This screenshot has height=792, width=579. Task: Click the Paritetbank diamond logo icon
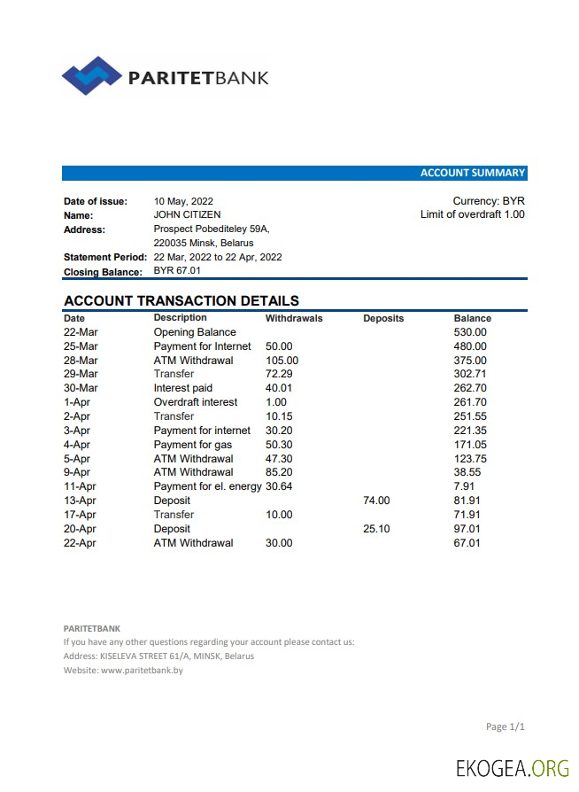(x=91, y=76)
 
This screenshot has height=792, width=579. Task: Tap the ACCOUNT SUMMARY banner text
(x=472, y=173)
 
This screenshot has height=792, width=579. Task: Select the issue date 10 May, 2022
(x=183, y=201)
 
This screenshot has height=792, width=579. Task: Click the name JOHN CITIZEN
(x=187, y=214)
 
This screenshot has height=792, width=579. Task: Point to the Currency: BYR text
(x=489, y=201)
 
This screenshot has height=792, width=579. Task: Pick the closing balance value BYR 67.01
(x=177, y=271)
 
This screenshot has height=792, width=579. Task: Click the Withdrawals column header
(x=294, y=318)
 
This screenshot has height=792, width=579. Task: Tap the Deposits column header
(x=383, y=318)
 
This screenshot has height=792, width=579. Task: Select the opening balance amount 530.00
(x=470, y=332)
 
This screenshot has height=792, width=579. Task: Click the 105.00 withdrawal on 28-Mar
(x=282, y=361)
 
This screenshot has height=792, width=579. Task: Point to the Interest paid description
(x=183, y=388)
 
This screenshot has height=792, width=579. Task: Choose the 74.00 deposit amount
(x=376, y=501)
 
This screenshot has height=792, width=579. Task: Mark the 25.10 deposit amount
(x=376, y=529)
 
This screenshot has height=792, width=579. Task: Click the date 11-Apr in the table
(x=80, y=486)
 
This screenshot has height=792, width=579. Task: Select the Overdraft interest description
(x=196, y=402)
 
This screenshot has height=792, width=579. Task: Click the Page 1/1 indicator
(x=506, y=727)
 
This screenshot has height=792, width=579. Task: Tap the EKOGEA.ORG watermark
(x=513, y=768)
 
